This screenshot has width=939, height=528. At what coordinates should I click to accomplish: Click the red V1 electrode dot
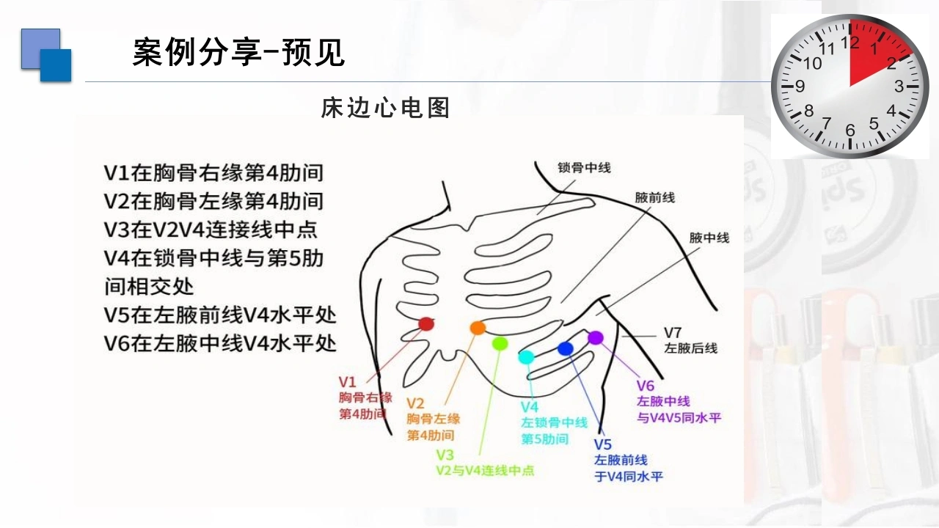pyautogui.click(x=426, y=324)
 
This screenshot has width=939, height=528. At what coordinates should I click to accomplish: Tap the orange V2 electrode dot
pyautogui.click(x=478, y=328)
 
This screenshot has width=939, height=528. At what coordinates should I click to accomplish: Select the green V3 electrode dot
pyautogui.click(x=500, y=344)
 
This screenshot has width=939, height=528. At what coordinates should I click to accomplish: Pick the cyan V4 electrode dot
pyautogui.click(x=527, y=357)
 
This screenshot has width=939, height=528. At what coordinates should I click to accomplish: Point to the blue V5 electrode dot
pyautogui.click(x=566, y=348)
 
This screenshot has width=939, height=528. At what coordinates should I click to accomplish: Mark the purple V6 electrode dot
pyautogui.click(x=596, y=338)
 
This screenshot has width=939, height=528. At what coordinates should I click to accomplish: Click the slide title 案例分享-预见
pyautogui.click(x=238, y=52)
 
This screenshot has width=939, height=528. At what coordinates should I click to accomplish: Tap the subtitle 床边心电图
pyautogui.click(x=385, y=108)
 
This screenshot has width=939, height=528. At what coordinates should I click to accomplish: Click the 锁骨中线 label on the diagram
pyautogui.click(x=584, y=168)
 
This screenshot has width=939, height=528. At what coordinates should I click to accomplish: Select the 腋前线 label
pyautogui.click(x=655, y=198)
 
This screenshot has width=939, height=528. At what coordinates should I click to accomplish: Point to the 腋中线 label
pyautogui.click(x=709, y=238)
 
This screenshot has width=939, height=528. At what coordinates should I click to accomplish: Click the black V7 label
pyautogui.click(x=673, y=333)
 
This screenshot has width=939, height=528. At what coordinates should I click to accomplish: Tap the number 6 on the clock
pyautogui.click(x=850, y=131)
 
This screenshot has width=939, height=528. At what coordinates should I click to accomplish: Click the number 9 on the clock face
pyautogui.click(x=800, y=87)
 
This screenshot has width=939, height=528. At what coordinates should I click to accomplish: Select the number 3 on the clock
pyautogui.click(x=899, y=87)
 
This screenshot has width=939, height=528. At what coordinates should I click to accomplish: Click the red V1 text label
pyautogui.click(x=348, y=382)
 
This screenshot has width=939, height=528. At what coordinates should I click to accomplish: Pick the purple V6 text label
pyautogui.click(x=645, y=386)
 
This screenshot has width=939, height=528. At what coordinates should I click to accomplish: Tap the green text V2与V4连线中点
pyautogui.click(x=486, y=471)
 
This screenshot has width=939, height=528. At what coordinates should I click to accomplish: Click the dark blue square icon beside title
pyautogui.click(x=56, y=65)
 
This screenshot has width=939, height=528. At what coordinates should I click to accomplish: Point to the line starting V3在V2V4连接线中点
pyautogui.click(x=211, y=230)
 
